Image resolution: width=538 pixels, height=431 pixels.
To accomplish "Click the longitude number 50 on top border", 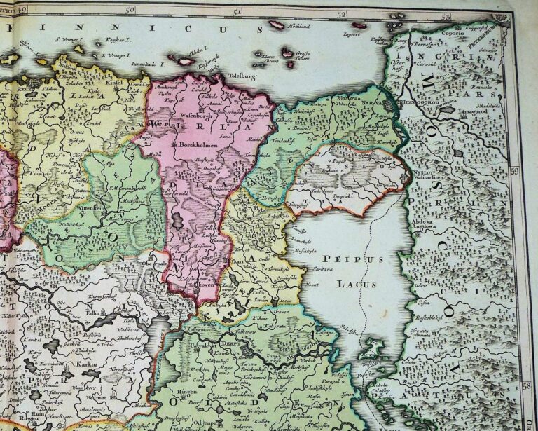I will coord(130,10).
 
